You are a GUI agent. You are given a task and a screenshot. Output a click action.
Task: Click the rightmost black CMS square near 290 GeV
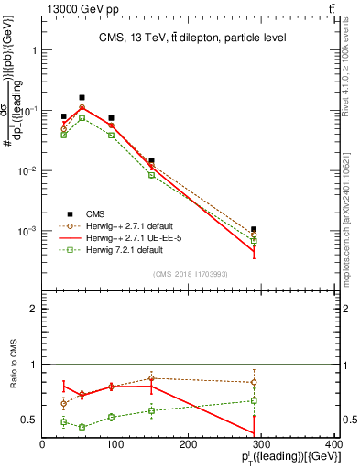pos(253,229)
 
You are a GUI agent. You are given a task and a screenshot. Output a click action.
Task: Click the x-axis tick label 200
pos(188,445)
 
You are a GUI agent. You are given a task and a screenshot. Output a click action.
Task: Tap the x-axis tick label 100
pos(115,445)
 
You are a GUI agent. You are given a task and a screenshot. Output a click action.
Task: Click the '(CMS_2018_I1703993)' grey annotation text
pos(191,273)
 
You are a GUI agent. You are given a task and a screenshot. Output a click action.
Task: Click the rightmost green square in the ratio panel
pos(253,400)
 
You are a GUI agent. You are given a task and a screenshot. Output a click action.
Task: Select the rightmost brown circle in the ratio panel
pos(253,382)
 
